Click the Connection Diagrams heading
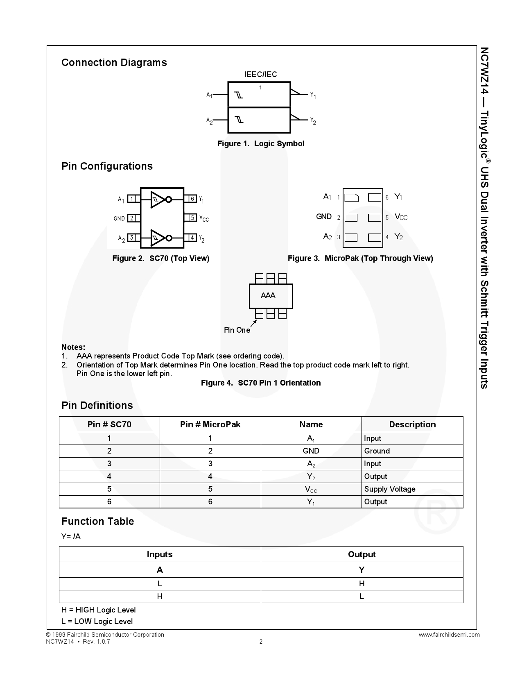[114, 63]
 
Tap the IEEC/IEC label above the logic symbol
[260, 74]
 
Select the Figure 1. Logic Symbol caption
[261, 144]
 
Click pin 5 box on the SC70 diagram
[192, 218]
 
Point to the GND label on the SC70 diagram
[119, 218]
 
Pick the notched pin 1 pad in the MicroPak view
[351, 197]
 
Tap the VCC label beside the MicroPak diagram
[401, 217]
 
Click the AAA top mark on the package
[268, 295]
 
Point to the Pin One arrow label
[237, 330]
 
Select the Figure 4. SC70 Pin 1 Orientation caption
[261, 383]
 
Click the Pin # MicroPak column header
[210, 424]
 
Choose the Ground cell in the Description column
[377, 451]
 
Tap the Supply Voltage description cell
[390, 489]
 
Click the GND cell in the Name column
[311, 451]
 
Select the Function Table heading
[98, 522]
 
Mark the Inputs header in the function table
[160, 554]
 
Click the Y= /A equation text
[71, 537]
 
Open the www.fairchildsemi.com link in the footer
[449, 635]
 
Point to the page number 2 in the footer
[261, 642]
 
